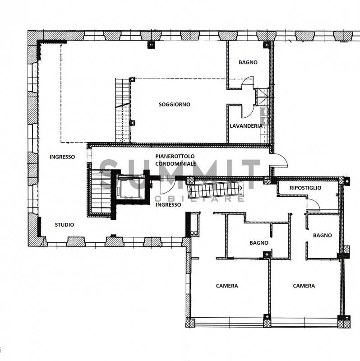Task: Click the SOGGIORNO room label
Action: tap(175, 105)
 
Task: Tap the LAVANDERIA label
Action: tap(246, 126)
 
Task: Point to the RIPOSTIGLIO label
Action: tap(305, 188)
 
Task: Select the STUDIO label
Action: tap(65, 225)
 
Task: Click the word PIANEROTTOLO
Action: tap(175, 156)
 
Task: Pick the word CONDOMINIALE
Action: tap(175, 164)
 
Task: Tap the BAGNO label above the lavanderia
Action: tap(248, 62)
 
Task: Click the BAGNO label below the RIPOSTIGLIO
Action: tap(322, 235)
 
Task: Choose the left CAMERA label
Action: tap(227, 286)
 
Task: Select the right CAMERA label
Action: tap(304, 286)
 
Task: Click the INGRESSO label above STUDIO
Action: tap(62, 157)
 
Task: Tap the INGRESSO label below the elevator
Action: tap(168, 205)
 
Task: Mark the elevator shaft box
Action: tap(130, 188)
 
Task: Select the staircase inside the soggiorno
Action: tap(123, 110)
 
